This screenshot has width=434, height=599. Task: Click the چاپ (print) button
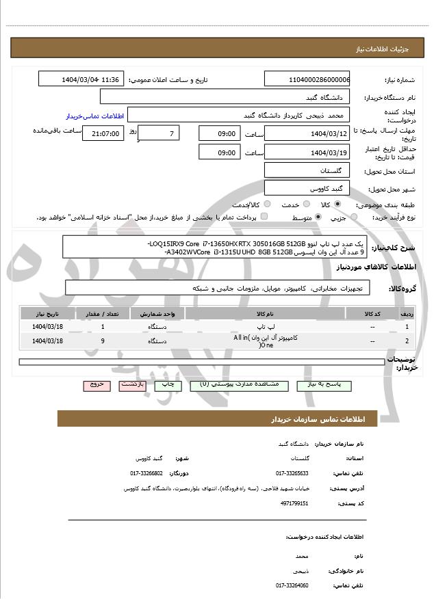[x=168, y=385]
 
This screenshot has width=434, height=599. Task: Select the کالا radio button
[x=337, y=204]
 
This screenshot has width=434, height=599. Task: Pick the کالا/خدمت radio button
[x=267, y=204]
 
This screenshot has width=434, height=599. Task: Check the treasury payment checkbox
[x=264, y=217]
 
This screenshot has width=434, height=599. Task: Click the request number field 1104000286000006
[x=307, y=79]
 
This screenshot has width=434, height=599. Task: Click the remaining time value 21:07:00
[x=103, y=134]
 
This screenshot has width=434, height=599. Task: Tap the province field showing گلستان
[x=307, y=170]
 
